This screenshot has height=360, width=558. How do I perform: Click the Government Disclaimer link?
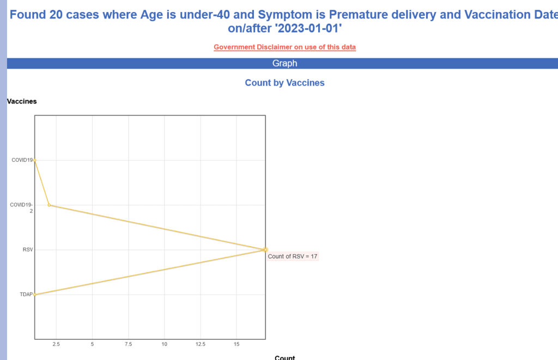tap(284, 47)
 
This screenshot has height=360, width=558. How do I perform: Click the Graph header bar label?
tap(284, 63)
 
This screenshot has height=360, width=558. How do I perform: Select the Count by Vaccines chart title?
tap(284, 83)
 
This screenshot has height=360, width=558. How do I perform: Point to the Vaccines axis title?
tap(22, 101)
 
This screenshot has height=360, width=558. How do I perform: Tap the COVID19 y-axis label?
tap(22, 160)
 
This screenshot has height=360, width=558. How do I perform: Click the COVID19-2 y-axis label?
tap(21, 208)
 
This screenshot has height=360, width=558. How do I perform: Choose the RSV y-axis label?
tap(28, 250)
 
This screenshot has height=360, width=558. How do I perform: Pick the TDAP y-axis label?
tap(26, 295)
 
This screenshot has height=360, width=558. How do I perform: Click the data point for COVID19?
tap(34, 160)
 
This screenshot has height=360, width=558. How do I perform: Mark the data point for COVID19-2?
tap(49, 205)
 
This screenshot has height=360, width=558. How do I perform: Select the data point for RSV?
tap(265, 250)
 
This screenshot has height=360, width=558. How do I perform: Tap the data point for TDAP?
tap(34, 295)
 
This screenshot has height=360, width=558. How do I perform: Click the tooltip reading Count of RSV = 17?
tap(293, 257)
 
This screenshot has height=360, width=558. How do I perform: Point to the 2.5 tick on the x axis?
tap(56, 344)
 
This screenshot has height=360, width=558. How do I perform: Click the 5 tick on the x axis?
tap(92, 344)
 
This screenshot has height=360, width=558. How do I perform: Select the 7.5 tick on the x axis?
tap(129, 344)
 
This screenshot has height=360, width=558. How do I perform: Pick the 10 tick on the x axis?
tap(165, 344)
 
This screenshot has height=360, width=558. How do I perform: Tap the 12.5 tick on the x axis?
tap(201, 344)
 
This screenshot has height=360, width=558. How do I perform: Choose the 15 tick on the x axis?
tap(236, 344)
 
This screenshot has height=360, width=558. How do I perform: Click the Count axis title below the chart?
tap(284, 357)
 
